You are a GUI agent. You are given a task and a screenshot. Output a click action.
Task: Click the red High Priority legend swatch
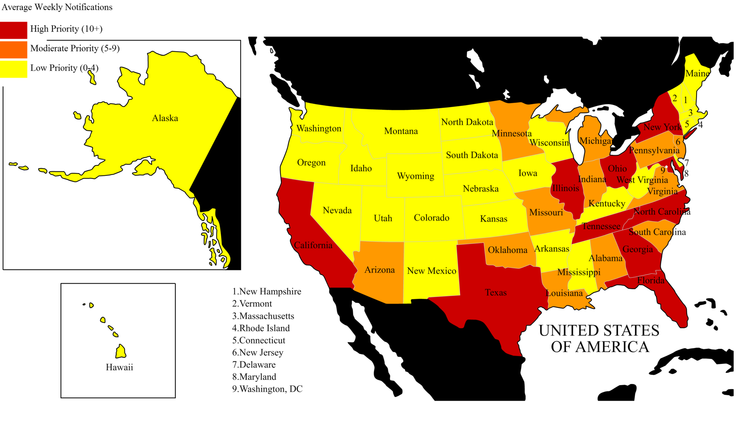(13, 30)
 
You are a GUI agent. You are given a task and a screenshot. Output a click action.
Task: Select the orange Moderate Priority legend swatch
(13, 49)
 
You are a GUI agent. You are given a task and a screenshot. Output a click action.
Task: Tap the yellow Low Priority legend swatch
(13, 69)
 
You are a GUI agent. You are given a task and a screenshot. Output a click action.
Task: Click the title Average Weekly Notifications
(57, 7)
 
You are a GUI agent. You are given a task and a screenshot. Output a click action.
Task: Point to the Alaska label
(165, 118)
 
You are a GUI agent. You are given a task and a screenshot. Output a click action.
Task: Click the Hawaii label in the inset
(119, 367)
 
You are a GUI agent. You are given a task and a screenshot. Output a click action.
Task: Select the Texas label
(496, 293)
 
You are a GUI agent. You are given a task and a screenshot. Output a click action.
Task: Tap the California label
(313, 246)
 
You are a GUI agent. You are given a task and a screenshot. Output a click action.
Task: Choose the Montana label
(401, 131)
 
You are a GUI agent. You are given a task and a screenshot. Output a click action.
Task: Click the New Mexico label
(432, 271)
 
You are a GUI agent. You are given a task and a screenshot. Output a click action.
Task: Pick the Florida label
(651, 281)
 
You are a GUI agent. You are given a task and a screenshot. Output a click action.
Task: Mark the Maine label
(697, 74)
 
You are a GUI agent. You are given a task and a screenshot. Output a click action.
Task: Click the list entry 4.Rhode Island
(261, 328)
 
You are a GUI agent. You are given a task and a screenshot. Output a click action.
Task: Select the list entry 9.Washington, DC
(267, 389)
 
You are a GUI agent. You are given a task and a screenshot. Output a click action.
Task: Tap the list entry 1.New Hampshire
(267, 292)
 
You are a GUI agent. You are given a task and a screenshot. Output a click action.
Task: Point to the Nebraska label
(481, 189)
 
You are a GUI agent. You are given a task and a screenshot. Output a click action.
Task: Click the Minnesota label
(511, 134)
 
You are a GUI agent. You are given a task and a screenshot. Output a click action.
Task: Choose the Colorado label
(431, 218)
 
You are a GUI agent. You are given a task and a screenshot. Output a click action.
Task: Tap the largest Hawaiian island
(121, 351)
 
